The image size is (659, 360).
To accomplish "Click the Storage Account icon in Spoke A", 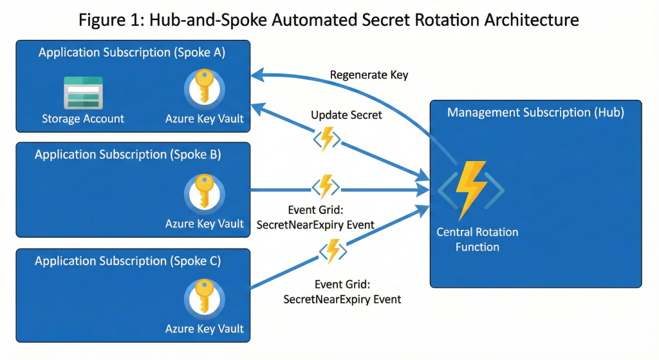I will click(82, 92).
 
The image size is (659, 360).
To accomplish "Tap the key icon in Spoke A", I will click(205, 88).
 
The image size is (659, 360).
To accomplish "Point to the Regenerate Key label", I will click(369, 75).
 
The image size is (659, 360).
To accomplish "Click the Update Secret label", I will click(346, 115).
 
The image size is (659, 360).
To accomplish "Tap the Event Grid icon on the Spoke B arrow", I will click(326, 188).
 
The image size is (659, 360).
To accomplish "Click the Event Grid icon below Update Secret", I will click(327, 139).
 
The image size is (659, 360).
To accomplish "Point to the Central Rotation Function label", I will click(477, 240).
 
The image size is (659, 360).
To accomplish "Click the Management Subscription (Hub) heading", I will click(535, 113).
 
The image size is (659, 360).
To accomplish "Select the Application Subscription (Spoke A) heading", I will click(132, 53).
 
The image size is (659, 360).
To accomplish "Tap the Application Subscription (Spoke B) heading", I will click(128, 155).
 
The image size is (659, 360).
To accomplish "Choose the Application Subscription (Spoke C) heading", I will click(128, 261).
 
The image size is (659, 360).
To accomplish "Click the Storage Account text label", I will click(83, 118).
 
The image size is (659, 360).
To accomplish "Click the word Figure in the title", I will click(104, 19).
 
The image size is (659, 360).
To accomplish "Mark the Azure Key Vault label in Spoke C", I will click(205, 329).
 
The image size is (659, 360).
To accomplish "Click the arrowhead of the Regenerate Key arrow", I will click(255, 75).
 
